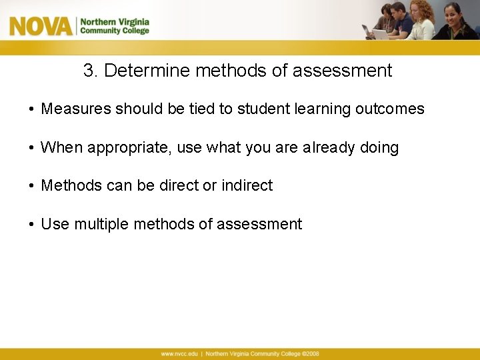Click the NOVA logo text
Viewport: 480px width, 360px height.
tap(40, 26)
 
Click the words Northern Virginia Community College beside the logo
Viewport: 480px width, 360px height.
tap(115, 26)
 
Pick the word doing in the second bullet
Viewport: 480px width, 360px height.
tap(379, 148)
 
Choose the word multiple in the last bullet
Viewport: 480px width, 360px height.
tap(102, 225)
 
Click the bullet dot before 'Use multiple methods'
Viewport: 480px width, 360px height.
tap(31, 225)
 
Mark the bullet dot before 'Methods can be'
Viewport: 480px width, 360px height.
tap(31, 186)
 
